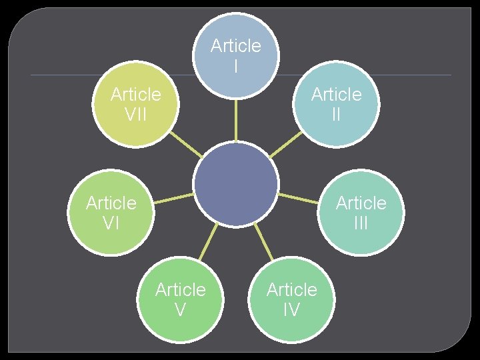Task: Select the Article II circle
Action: click(x=336, y=103)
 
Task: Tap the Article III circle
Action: click(x=361, y=212)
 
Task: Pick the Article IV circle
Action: click(x=291, y=299)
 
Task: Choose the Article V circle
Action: click(x=180, y=299)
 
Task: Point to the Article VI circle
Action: click(x=111, y=212)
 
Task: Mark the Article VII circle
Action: click(x=136, y=103)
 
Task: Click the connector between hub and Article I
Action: click(x=235, y=119)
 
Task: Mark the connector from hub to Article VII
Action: click(x=186, y=143)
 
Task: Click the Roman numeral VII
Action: click(x=136, y=114)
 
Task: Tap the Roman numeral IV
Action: click(x=291, y=309)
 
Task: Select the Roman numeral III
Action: click(x=361, y=223)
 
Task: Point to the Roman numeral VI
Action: click(x=111, y=223)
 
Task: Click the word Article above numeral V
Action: click(x=180, y=289)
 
